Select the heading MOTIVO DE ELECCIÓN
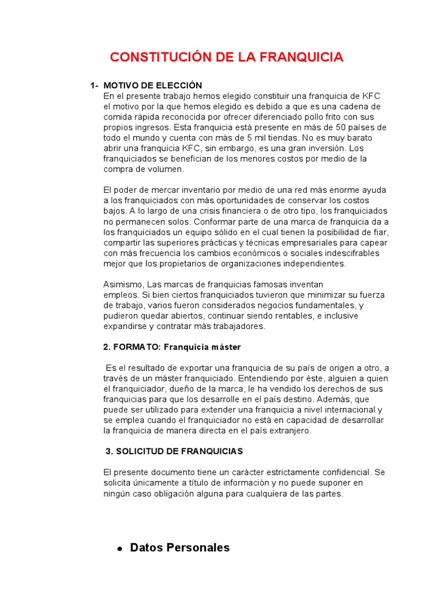(x=153, y=85)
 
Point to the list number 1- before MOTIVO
(x=94, y=85)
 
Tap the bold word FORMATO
(x=138, y=347)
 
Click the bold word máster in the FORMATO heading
(x=227, y=347)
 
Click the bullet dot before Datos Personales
(x=119, y=549)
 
